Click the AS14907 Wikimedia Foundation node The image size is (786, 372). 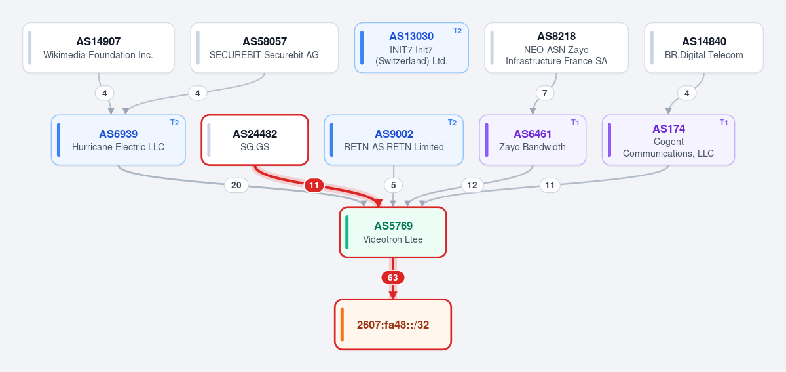pyautogui.click(x=99, y=48)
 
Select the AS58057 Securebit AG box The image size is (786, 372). pyautogui.click(x=265, y=48)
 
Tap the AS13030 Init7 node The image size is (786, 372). pyautogui.click(x=411, y=48)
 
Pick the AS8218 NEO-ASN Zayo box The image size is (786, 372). pyautogui.click(x=557, y=48)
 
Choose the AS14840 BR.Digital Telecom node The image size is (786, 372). pyautogui.click(x=704, y=48)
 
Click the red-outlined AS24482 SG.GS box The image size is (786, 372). pyautogui.click(x=255, y=140)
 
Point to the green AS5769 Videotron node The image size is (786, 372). pyautogui.click(x=393, y=232)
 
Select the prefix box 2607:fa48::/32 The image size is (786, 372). pyautogui.click(x=393, y=325)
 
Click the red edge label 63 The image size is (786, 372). pyautogui.click(x=393, y=278)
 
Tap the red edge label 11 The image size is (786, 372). pyautogui.click(x=314, y=185)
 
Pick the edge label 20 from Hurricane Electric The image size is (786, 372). pyautogui.click(x=236, y=185)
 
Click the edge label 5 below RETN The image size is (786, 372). pyautogui.click(x=394, y=185)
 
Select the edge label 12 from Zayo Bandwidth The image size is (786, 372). pyautogui.click(x=472, y=185)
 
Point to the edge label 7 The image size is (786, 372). pyautogui.click(x=544, y=93)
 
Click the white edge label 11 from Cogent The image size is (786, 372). pyautogui.click(x=550, y=185)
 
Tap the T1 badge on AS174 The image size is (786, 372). pyautogui.click(x=724, y=123)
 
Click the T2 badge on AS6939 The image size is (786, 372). pyautogui.click(x=175, y=123)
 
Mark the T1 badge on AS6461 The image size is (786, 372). pyautogui.click(x=575, y=123)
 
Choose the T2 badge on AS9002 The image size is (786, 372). pyautogui.click(x=453, y=123)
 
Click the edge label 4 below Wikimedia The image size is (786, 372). pyautogui.click(x=105, y=93)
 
